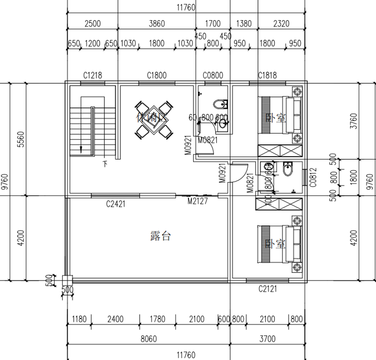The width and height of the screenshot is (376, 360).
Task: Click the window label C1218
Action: (x=93, y=75)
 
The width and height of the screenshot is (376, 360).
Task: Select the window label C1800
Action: (x=157, y=75)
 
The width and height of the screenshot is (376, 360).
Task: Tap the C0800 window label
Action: (x=213, y=75)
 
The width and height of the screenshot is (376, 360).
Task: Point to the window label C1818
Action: (x=267, y=75)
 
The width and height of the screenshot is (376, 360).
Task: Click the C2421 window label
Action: (x=115, y=204)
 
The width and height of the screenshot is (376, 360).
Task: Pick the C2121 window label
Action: (x=267, y=288)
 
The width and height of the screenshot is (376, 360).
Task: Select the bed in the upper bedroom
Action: (x=281, y=116)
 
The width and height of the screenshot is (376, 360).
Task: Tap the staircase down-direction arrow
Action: (x=81, y=149)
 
